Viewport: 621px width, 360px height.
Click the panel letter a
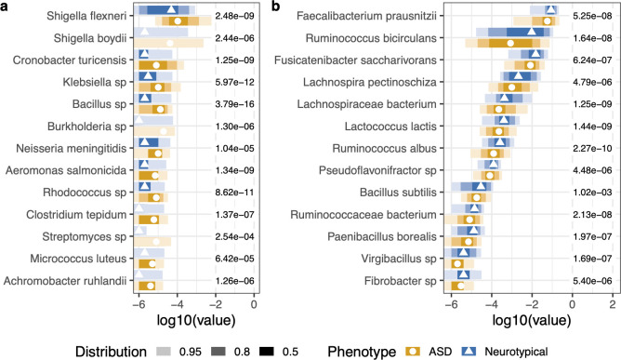pos(6,7)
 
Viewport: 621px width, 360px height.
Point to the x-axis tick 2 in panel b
pos(612,304)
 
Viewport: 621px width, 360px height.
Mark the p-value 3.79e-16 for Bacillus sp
pos(236,103)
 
